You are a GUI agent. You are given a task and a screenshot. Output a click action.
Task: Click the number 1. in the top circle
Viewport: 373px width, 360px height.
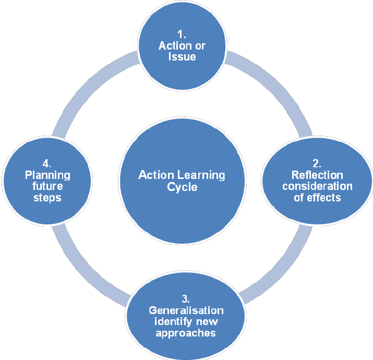coord(182,34)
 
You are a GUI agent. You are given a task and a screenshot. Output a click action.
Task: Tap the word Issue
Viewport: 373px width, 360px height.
coord(182,56)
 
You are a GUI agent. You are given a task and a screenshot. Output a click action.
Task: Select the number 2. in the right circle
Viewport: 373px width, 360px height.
coord(317,163)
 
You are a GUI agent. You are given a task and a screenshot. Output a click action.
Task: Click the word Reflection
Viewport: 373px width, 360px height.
coord(317,175)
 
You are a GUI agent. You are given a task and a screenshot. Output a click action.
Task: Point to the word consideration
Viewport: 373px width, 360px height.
coord(317,186)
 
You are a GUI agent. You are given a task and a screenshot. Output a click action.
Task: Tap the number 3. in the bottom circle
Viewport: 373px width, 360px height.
coord(185,299)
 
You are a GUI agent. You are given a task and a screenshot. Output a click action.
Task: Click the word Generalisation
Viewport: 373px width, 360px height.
coord(186,310)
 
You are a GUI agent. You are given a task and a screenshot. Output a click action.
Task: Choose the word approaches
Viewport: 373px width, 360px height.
coord(186,333)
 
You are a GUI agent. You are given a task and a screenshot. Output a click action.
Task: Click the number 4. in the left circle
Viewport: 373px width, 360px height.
coord(47,163)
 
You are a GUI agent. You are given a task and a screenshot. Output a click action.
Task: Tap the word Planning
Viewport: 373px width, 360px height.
coord(47,175)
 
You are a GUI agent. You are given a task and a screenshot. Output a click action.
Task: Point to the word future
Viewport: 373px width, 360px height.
coord(47,186)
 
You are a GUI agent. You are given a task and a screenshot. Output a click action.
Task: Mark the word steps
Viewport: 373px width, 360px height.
coord(47,198)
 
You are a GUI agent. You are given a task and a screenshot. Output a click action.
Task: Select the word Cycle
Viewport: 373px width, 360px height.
coord(182,187)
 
